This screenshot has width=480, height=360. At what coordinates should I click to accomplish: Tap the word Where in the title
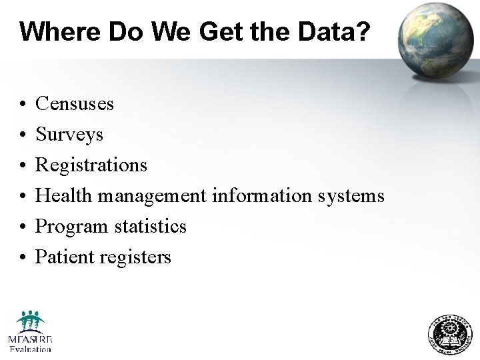[x=53, y=31]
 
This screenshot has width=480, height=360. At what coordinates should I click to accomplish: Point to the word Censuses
[x=75, y=104]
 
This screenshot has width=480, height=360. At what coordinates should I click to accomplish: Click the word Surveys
[x=69, y=135]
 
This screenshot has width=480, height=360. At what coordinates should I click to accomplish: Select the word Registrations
[x=91, y=165]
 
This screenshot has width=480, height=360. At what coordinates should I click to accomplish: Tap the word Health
[x=64, y=195]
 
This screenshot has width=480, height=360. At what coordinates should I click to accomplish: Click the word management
[x=152, y=196]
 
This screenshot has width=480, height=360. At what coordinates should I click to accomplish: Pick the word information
[x=261, y=195]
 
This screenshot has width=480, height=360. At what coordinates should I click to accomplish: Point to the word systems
[x=351, y=196]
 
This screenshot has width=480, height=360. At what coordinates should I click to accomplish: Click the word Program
[x=69, y=227]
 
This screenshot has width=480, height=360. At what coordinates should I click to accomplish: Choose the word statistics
[x=147, y=226]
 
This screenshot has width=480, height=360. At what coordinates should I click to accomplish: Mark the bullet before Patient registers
[x=23, y=258]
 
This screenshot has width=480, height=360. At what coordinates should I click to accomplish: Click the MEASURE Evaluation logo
[x=30, y=331]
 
